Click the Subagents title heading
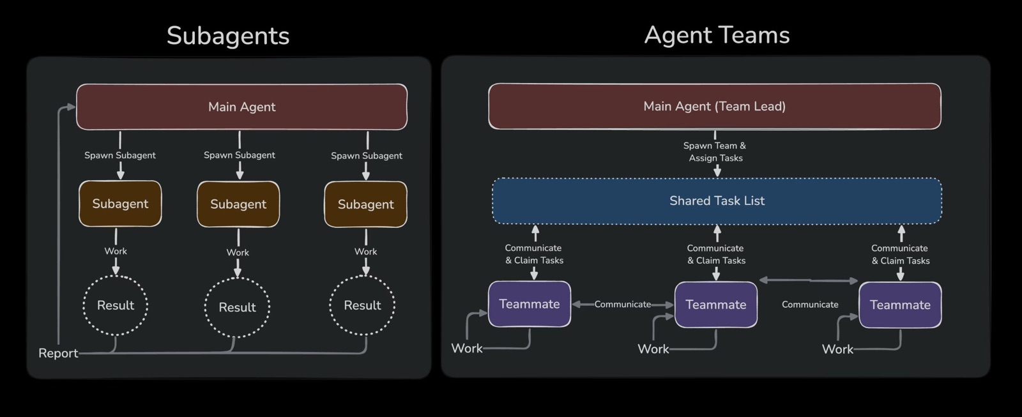[x=227, y=36]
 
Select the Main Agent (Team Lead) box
[x=715, y=106]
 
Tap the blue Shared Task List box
[x=717, y=201]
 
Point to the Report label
[x=58, y=353]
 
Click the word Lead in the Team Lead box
[x=770, y=106]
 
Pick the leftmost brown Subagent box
[x=120, y=204]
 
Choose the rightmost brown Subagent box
[x=365, y=204]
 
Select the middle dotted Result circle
[x=237, y=307]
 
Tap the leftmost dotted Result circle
[x=116, y=305]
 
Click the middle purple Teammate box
[x=716, y=305]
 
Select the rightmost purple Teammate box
[x=900, y=305]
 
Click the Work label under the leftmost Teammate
[x=467, y=349]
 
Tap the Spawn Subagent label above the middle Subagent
[x=239, y=155]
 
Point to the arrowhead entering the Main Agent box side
[x=71, y=107]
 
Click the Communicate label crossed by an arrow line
[x=622, y=305]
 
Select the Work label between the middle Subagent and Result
[x=238, y=252]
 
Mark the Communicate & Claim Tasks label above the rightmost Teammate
[x=900, y=255]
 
